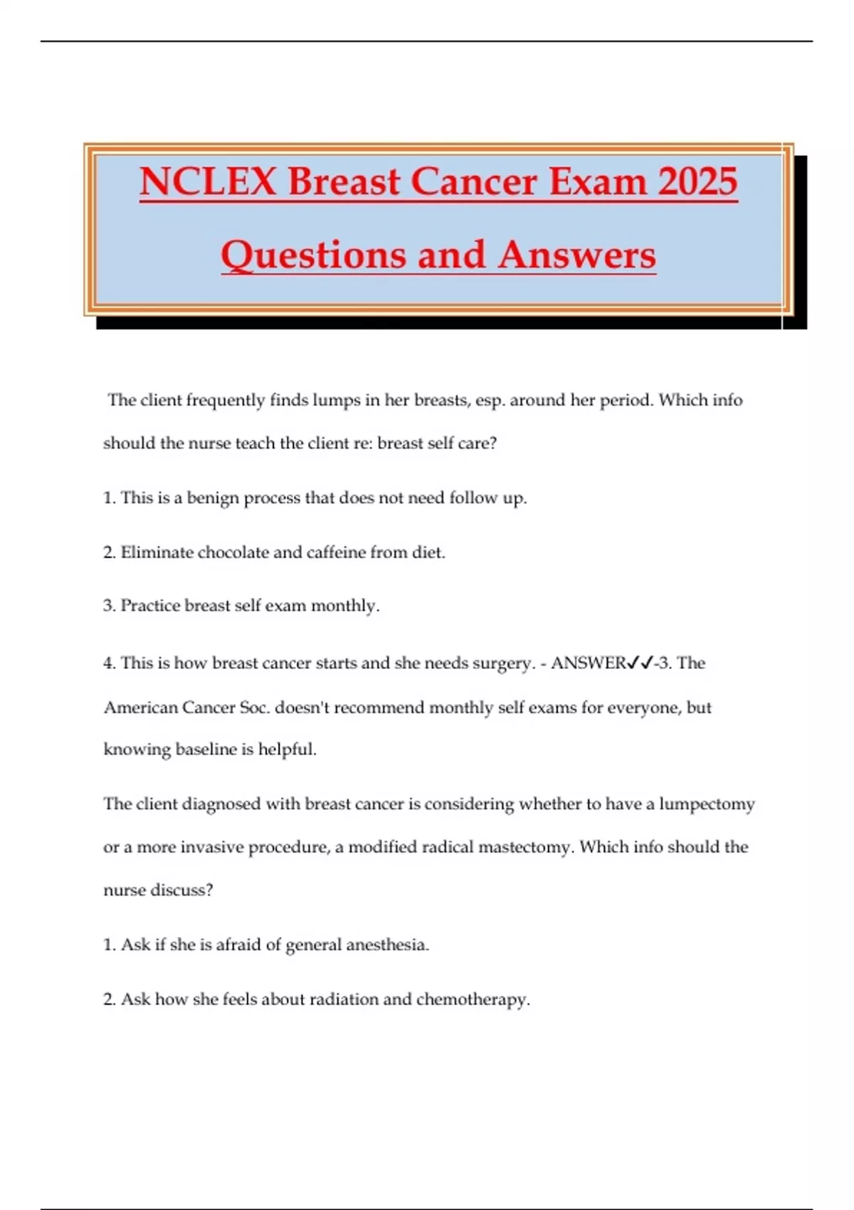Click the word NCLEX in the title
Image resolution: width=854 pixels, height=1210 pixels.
pyautogui.click(x=208, y=181)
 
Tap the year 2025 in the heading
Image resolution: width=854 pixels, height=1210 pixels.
pyautogui.click(x=697, y=181)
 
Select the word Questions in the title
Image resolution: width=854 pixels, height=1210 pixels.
pyautogui.click(x=314, y=255)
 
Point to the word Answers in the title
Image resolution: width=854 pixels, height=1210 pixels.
pyautogui.click(x=576, y=255)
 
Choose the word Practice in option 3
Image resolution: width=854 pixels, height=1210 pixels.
pyautogui.click(x=149, y=606)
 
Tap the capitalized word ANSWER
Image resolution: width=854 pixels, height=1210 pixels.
pyautogui.click(x=588, y=663)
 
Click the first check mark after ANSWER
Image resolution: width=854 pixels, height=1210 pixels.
pyautogui.click(x=633, y=663)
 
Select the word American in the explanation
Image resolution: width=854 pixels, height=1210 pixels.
pyautogui.click(x=139, y=707)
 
